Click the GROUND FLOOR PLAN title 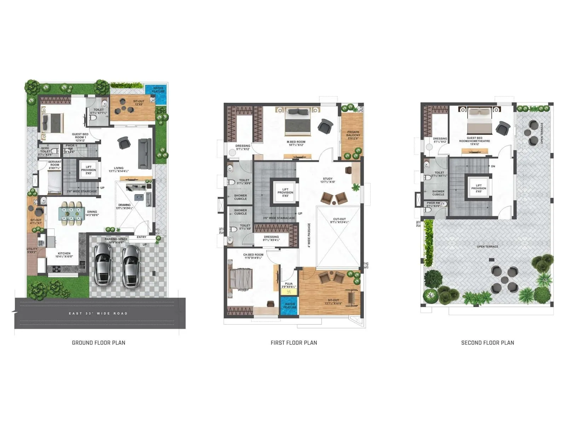coord(98,342)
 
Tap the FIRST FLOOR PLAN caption coord(294,342)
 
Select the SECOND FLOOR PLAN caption coord(487,342)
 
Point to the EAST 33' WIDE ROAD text coord(98,313)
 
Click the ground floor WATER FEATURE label coord(158,90)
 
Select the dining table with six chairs coord(71,213)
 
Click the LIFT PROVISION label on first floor coord(285,193)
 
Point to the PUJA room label coord(289,285)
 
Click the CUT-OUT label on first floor coord(339,220)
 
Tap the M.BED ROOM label coord(296,143)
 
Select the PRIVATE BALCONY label coord(353,135)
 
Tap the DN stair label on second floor coord(493,166)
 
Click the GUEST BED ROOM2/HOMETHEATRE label coord(474,141)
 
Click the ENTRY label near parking coord(141,237)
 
